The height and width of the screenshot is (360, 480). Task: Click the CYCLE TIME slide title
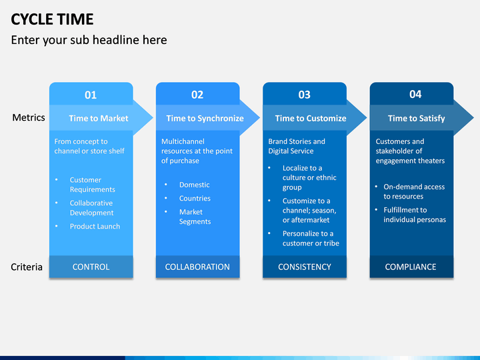pos(52,19)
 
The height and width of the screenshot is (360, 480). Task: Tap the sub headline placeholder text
pos(89,40)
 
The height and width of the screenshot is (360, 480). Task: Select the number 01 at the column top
pos(91,95)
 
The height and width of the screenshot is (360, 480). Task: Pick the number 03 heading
pos(304,95)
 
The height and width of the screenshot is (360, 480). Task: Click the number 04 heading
pos(415,94)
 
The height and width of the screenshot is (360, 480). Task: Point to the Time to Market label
pos(99,118)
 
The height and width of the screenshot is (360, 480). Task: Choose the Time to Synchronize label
pos(205,118)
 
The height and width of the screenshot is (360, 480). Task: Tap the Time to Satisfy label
pos(416,118)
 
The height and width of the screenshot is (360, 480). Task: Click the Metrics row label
pos(29,117)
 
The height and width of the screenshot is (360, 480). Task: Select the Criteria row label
pos(27,267)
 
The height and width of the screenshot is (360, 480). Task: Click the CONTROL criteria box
pos(91,267)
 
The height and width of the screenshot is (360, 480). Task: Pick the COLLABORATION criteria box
pos(197,267)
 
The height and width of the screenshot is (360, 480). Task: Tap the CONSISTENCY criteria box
pos(305,267)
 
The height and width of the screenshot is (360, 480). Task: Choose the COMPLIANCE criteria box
pos(411,267)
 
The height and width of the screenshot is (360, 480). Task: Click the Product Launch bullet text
pos(95,226)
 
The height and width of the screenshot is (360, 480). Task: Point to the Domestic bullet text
pos(195,185)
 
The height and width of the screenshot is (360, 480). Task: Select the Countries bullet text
pos(195,199)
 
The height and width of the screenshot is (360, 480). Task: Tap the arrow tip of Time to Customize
pos(367,118)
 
